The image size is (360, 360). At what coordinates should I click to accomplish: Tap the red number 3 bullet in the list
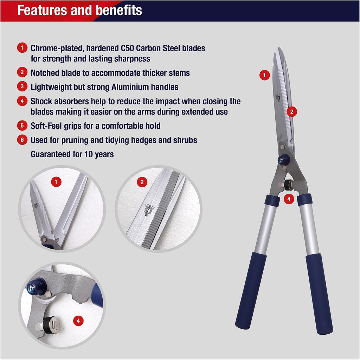[x=22, y=86]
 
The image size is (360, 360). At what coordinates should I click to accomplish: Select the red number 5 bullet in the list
[x=22, y=126]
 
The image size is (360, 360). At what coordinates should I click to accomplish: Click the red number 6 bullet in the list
[x=22, y=140]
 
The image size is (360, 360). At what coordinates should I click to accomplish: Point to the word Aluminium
[x=130, y=87]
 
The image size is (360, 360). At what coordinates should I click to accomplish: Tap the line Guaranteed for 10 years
[x=72, y=154]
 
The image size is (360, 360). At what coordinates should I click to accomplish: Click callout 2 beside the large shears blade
[x=291, y=111]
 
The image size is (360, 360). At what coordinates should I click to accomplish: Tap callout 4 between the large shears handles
[x=289, y=199]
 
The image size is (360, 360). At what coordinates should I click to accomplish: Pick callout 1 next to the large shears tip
[x=264, y=75]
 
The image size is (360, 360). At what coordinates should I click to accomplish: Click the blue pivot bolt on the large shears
[x=283, y=159]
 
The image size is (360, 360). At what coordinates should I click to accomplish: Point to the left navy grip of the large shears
[x=251, y=290]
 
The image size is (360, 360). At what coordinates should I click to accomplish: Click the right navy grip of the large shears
[x=319, y=294]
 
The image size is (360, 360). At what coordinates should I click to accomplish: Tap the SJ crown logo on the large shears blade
[x=278, y=98]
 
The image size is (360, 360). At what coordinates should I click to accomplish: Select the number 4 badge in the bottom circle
[x=78, y=321]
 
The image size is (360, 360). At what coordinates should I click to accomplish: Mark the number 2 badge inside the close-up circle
[x=142, y=182]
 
